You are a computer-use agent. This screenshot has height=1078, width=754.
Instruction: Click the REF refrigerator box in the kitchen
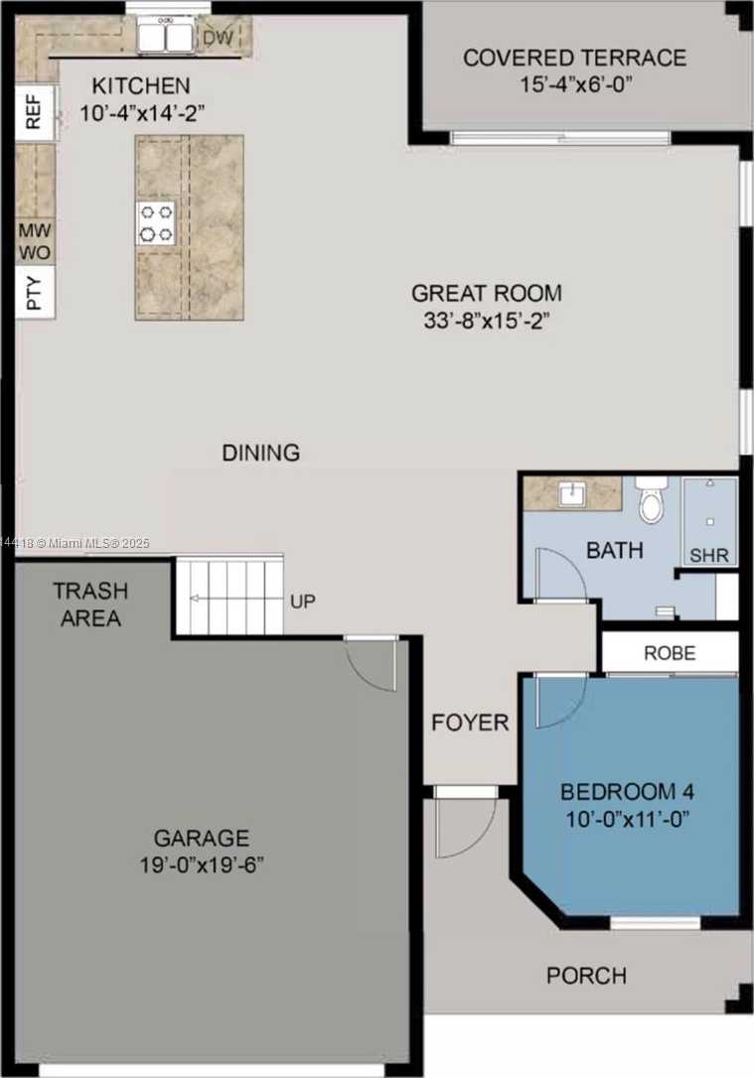tap(34, 113)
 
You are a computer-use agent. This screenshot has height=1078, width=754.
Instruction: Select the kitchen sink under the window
tap(165, 38)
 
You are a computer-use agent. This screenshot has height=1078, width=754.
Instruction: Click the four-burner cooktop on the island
tap(156, 222)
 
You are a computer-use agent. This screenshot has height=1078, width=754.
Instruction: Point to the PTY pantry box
tap(34, 293)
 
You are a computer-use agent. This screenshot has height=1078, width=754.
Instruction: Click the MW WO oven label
tap(34, 241)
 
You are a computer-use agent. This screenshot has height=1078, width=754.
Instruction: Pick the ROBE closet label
tap(670, 654)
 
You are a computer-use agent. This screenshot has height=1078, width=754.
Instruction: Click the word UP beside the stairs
tap(304, 602)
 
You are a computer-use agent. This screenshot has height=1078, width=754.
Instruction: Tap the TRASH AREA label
tap(90, 605)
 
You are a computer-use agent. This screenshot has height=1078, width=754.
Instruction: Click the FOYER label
tap(470, 723)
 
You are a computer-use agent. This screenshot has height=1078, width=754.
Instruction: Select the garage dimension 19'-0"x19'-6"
tap(202, 864)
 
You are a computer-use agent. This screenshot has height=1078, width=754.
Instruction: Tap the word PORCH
tap(586, 976)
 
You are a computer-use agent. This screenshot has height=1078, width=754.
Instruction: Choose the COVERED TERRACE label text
tap(574, 58)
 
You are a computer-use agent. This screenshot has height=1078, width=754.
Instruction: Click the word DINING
tap(260, 453)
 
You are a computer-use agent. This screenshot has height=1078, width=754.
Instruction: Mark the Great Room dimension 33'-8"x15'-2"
tap(487, 320)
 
